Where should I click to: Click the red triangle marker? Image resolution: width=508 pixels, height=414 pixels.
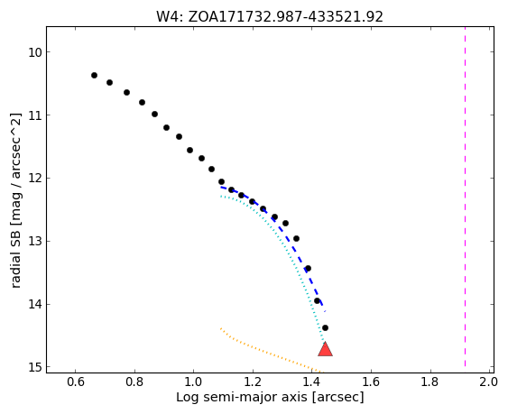tap(325, 350)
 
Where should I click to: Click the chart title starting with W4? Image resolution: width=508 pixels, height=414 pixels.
tap(270, 16)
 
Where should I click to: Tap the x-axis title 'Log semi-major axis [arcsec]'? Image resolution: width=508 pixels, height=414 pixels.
tap(270, 397)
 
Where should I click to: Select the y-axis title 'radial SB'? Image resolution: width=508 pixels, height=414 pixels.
tap(15, 257)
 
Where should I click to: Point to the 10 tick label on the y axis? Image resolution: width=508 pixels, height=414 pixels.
tap(34, 52)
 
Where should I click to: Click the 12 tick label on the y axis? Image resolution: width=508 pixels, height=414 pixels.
tap(34, 179)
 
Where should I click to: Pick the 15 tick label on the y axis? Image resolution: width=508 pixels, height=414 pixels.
tap(34, 368)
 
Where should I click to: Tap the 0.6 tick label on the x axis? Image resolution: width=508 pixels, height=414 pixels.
tap(76, 382)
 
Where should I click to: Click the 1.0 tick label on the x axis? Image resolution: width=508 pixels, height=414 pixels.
tap(193, 382)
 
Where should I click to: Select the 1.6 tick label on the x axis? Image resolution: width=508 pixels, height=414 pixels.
tap(371, 382)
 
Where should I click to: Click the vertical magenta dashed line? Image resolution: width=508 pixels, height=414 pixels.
tap(465, 197)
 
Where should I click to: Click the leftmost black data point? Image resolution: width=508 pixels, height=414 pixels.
tap(94, 76)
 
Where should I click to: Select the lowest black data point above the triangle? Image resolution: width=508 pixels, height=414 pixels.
tap(325, 327)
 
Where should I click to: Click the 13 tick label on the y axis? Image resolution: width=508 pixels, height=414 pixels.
tap(34, 242)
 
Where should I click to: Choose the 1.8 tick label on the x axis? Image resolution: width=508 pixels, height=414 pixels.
tap(429, 382)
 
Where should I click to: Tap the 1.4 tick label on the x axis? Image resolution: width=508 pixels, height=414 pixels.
tap(311, 382)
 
